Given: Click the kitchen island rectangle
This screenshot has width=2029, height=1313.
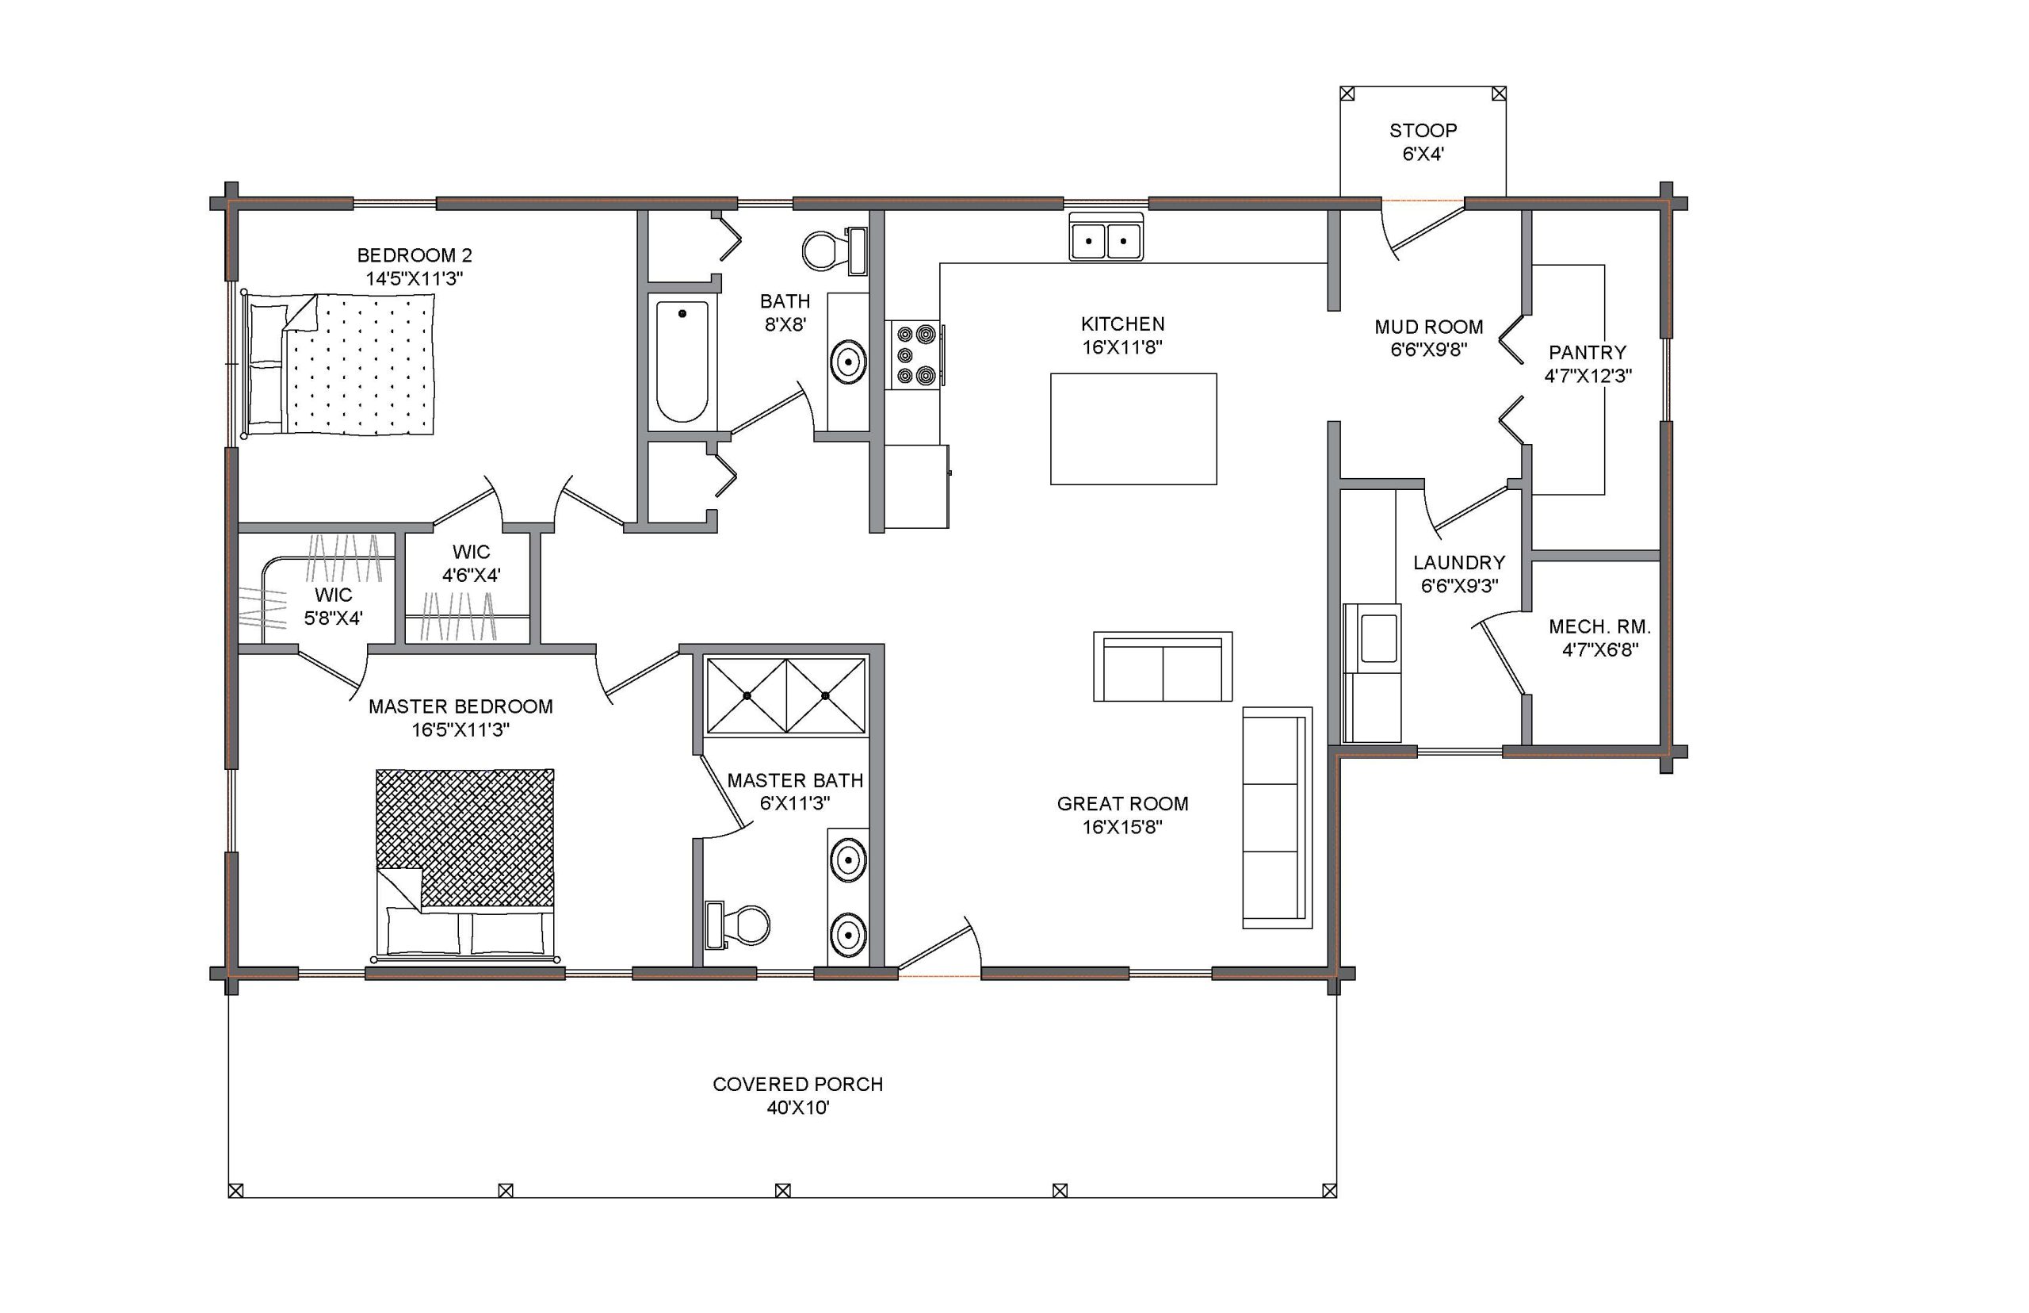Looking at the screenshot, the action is (1133, 429).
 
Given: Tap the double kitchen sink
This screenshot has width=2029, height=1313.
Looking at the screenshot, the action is (1106, 236).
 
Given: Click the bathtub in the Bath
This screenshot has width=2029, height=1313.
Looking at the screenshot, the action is (682, 362).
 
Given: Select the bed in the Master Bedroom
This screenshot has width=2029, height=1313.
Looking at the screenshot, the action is (465, 863).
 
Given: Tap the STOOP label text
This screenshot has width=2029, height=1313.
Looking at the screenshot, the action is (1423, 131).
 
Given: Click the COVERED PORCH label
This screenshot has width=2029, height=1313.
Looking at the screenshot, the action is (797, 1084).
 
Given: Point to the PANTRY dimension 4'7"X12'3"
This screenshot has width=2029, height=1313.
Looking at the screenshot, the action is (1588, 376).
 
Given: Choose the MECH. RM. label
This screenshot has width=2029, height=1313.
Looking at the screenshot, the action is (1599, 626).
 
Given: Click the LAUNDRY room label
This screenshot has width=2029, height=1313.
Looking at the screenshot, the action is (1459, 563).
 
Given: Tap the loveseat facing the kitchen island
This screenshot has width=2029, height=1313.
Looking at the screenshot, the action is (1163, 667).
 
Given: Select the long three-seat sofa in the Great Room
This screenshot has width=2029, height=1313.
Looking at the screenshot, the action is (1277, 817).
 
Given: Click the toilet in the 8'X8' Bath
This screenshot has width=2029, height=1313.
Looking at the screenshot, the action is (835, 250).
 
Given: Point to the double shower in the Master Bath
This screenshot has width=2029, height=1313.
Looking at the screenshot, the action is (785, 695).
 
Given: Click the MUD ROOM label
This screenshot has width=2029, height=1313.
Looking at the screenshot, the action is (1428, 327).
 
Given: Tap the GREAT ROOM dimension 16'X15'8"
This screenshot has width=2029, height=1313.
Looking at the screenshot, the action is (1122, 827).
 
